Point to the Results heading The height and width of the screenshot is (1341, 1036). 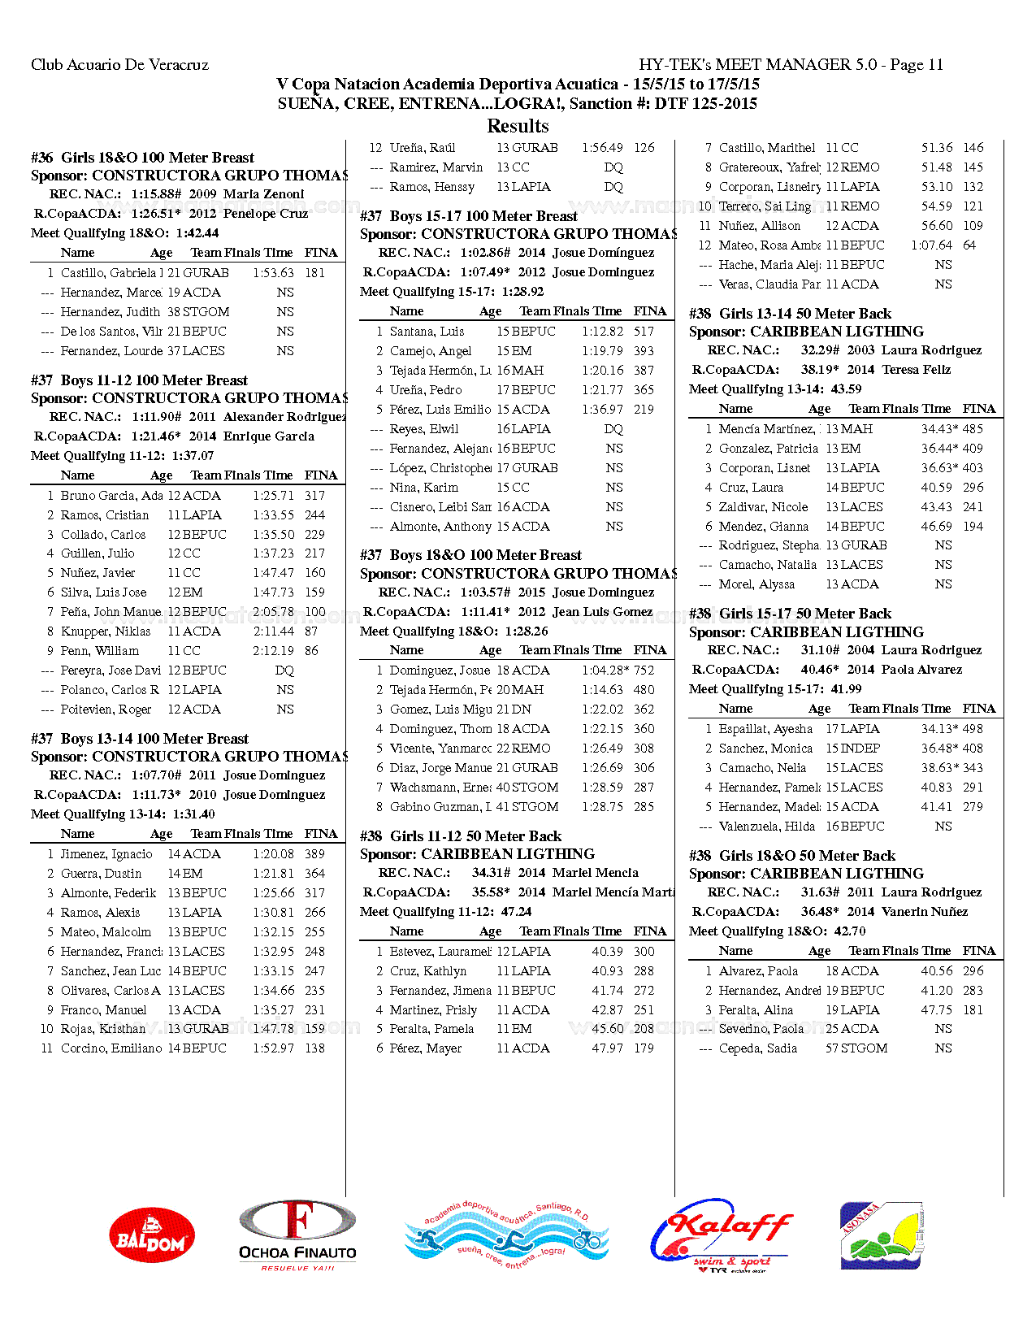(518, 126)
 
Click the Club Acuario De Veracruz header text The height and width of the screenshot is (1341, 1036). (119, 65)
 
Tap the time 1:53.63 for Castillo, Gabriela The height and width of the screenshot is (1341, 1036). (274, 273)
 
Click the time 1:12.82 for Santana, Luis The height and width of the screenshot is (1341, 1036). (602, 332)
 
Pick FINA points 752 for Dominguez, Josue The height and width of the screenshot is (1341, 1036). (644, 670)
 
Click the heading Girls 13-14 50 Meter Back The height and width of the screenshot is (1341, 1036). (790, 314)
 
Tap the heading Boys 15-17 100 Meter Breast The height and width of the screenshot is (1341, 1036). (469, 216)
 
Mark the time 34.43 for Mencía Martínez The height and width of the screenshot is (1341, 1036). (937, 429)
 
